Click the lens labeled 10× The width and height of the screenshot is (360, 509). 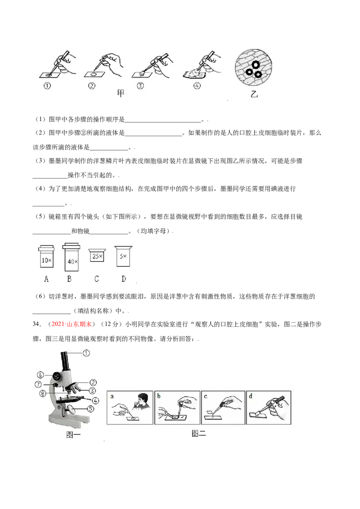(46, 256)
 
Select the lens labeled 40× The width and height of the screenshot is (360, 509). (71, 257)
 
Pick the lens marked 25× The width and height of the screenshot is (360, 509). (97, 255)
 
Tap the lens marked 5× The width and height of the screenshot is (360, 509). (123, 256)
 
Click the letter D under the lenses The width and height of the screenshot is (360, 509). (123, 279)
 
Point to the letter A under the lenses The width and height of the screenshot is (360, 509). (46, 279)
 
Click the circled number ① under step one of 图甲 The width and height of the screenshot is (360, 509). (47, 86)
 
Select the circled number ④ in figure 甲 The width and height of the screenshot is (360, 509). (197, 86)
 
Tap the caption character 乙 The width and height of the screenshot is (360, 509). (254, 94)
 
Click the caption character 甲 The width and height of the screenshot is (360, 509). (121, 94)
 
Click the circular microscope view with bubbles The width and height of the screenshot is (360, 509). (254, 67)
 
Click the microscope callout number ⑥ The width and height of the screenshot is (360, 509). (40, 375)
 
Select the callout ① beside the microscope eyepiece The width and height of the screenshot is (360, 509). (86, 353)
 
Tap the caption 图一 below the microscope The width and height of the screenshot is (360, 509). (73, 435)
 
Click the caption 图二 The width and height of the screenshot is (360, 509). (199, 433)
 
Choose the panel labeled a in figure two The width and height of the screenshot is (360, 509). (130, 408)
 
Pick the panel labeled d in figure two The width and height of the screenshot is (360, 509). (269, 408)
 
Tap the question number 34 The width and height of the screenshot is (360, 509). (37, 324)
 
